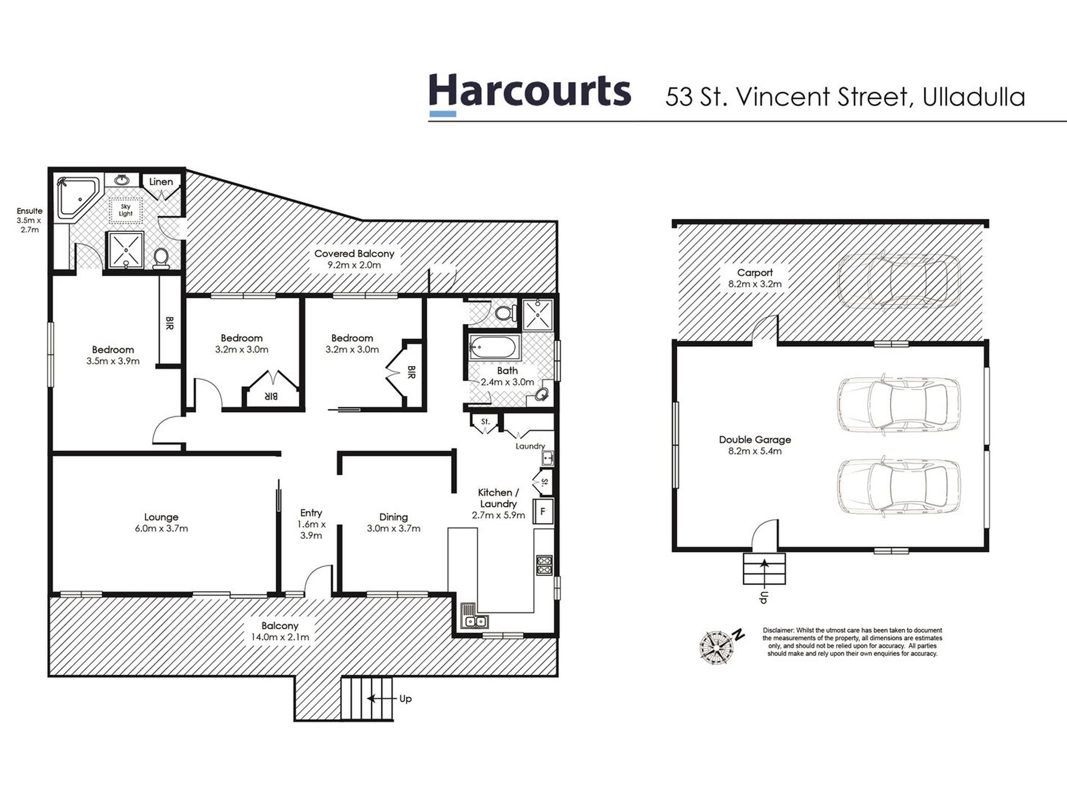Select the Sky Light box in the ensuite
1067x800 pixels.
[x=126, y=211]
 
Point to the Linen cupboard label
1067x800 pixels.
[x=161, y=182]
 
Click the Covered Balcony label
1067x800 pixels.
[x=354, y=254]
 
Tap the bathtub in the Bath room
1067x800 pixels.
[x=494, y=348]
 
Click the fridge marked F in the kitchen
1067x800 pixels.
[x=542, y=511]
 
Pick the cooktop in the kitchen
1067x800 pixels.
[x=544, y=565]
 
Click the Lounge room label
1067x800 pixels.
[x=161, y=517]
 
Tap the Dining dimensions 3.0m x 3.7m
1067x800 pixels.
[x=393, y=529]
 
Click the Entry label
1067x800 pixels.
[x=311, y=513]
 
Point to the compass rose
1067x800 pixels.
[x=717, y=646]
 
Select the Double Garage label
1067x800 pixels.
[x=755, y=440]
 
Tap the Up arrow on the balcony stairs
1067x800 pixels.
[x=380, y=698]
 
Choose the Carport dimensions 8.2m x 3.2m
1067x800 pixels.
[x=755, y=284]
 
